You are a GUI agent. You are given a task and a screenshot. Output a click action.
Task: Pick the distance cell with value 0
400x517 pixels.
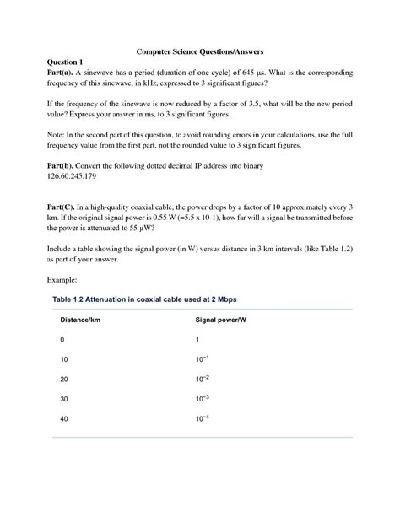coord(62,339)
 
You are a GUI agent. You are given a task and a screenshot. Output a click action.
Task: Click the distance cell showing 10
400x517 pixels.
coord(64,359)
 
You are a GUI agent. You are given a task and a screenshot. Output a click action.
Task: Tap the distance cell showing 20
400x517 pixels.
coord(64,380)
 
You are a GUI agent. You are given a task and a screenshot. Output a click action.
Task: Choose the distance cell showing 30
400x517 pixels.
coord(64,399)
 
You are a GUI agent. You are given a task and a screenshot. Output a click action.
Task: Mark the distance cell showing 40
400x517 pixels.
coord(64,419)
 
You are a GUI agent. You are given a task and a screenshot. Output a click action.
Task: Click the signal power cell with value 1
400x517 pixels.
coord(197,339)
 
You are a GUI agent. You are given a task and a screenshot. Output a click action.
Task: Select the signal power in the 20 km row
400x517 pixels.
coord(202,379)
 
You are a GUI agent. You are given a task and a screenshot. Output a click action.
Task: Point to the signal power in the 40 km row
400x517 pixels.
coord(202,418)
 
